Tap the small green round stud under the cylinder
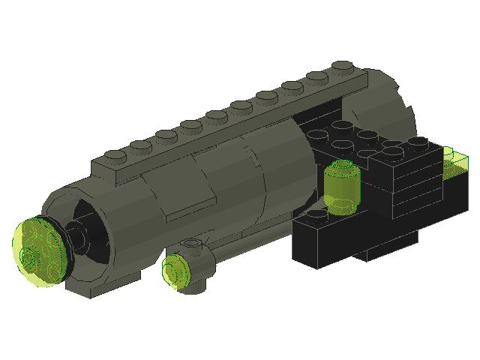[x=177, y=271]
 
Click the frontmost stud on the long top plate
[x=115, y=156]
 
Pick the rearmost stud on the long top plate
[x=343, y=65]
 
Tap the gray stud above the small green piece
[x=193, y=243]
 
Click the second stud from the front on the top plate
[x=139, y=145]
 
